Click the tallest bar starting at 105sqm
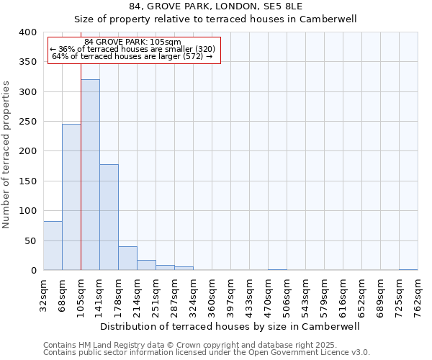coord(90,175)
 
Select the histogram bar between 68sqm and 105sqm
coord(71,197)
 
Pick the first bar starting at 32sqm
coord(53,246)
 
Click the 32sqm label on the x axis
coord(44,294)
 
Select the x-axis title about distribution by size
coord(230,326)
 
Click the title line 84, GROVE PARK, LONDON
coord(215,7)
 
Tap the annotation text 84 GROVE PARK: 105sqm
coord(133,42)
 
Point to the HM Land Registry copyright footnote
coord(204,345)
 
